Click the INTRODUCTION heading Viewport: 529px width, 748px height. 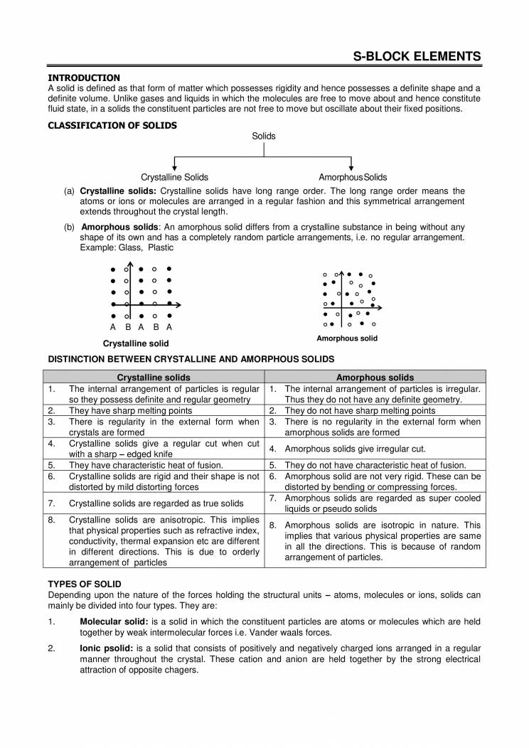coord(84,78)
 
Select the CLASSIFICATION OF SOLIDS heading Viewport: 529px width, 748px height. coord(112,126)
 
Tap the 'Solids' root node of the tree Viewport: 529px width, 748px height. coord(264,136)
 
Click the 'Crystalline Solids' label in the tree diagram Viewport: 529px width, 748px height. coord(174,177)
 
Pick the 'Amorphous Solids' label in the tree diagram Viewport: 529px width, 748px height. coord(353,177)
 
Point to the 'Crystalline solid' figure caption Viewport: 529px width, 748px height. coord(136,343)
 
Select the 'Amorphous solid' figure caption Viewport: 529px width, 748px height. coord(347,338)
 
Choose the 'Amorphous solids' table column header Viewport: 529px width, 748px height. coord(375,378)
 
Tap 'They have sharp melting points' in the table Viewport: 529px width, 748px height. coord(130,410)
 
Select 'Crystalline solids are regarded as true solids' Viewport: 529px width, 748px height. coord(154,503)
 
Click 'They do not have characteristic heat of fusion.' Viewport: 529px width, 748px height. coord(375,465)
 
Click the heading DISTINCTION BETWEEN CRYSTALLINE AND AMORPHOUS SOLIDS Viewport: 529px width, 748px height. coord(191,359)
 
